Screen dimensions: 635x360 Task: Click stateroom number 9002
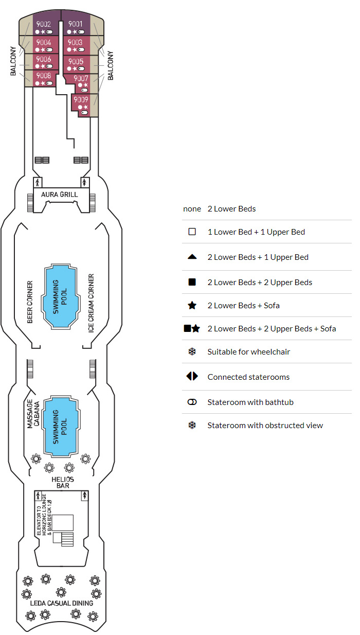(x=43, y=24)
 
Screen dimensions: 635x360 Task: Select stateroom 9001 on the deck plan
(x=76, y=24)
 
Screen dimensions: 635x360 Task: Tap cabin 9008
(x=43, y=76)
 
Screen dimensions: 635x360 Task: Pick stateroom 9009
(x=81, y=100)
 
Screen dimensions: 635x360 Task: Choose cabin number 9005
(x=76, y=62)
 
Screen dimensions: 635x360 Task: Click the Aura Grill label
(x=60, y=195)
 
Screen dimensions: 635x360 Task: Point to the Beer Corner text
(x=30, y=302)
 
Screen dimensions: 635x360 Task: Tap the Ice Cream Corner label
(x=92, y=304)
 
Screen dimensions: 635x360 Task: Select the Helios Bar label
(x=63, y=482)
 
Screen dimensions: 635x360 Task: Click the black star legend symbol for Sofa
(x=192, y=306)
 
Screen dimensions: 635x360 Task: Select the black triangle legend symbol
(x=192, y=257)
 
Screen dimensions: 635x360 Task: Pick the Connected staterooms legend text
(x=248, y=377)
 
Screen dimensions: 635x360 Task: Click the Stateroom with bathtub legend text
(x=250, y=402)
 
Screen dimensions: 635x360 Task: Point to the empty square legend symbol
(x=192, y=232)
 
